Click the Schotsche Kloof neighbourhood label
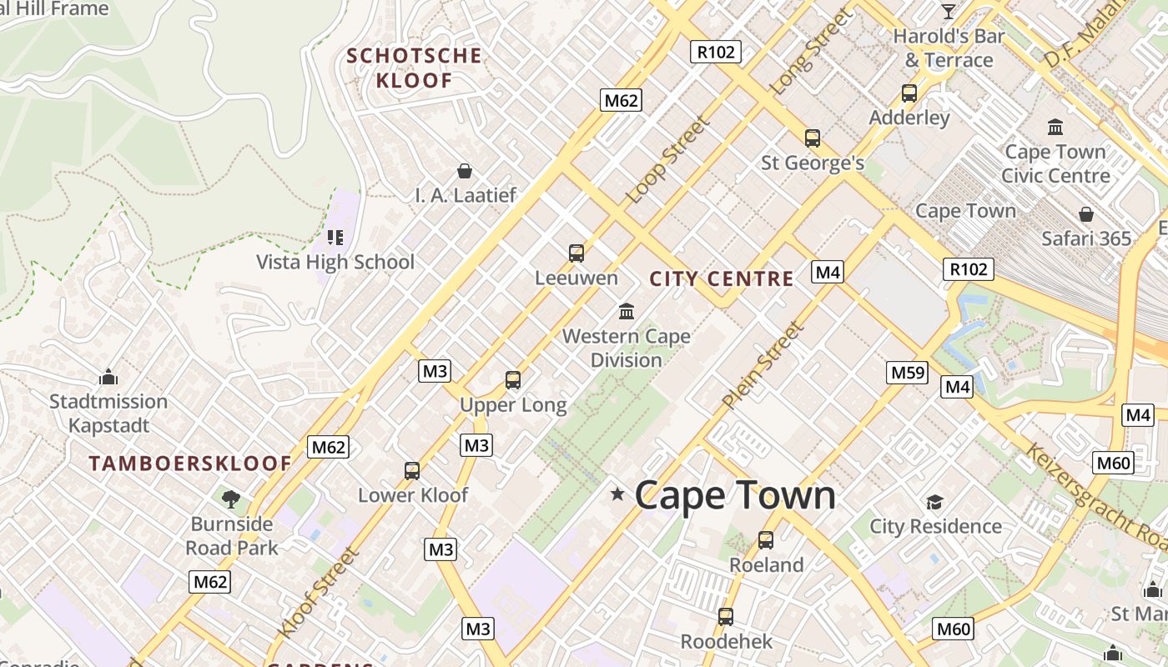point(414,68)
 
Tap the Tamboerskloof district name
point(190,464)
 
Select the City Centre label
point(722,279)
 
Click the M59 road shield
point(908,373)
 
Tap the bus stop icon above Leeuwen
point(576,253)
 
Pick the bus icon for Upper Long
point(513,380)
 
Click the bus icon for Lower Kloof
point(412,471)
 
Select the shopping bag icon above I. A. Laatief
point(465,171)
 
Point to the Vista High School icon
point(335,238)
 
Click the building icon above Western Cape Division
point(627,312)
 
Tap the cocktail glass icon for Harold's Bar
point(949,12)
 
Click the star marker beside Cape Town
point(617,494)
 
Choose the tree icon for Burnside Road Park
point(231,499)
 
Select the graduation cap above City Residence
point(934,502)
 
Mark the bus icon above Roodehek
point(726,617)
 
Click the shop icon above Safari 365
point(1085,214)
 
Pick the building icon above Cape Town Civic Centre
point(1055,128)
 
